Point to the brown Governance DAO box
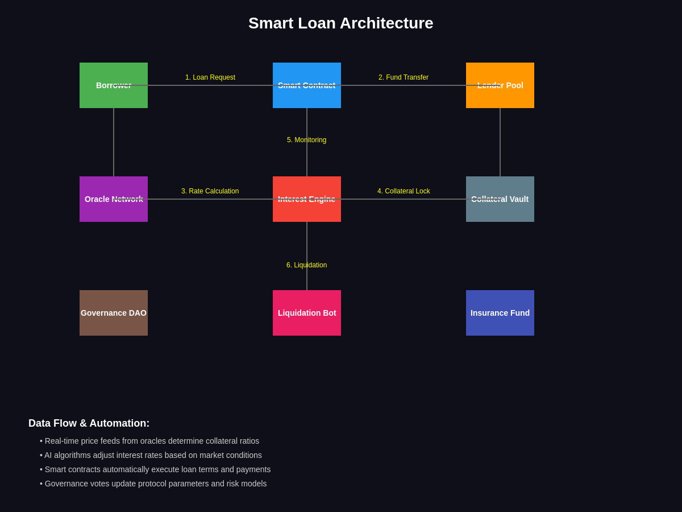click(x=114, y=313)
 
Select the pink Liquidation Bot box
click(x=307, y=313)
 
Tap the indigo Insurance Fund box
click(x=500, y=313)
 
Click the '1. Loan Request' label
click(x=210, y=77)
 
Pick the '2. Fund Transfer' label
click(x=404, y=77)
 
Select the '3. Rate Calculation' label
click(x=210, y=191)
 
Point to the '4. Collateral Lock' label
click(x=404, y=191)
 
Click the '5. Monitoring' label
click(x=307, y=140)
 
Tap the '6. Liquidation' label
click(x=307, y=265)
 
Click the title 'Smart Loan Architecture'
click(x=341, y=23)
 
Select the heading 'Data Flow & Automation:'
click(x=89, y=423)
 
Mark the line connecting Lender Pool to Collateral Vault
click(x=500, y=142)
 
